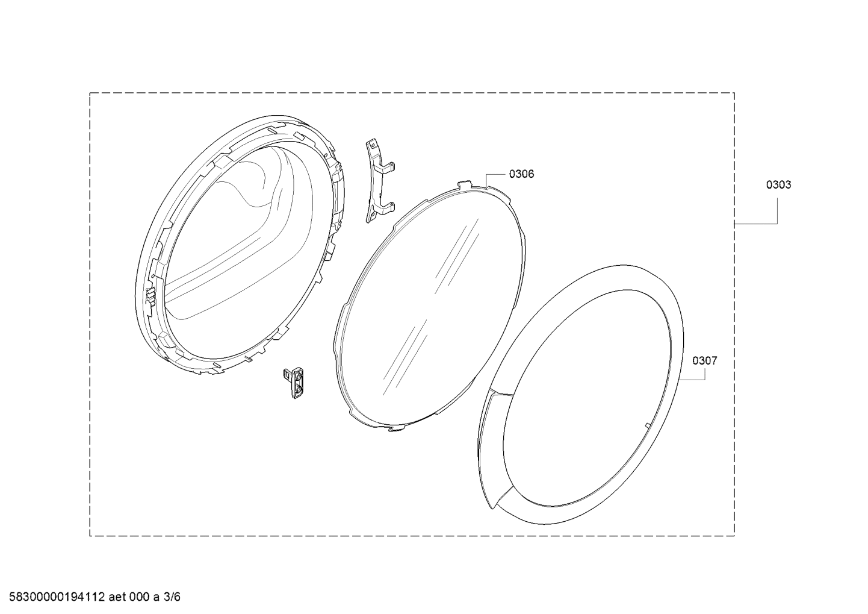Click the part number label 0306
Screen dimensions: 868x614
[521, 174]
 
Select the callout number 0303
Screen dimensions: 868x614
[778, 185]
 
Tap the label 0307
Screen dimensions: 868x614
[705, 361]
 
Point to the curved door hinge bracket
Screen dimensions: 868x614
[380, 181]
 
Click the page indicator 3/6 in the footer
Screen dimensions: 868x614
[172, 597]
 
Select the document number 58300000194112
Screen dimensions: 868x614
[57, 597]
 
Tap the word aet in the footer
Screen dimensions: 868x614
[117, 597]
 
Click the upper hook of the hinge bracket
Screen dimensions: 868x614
[389, 167]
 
